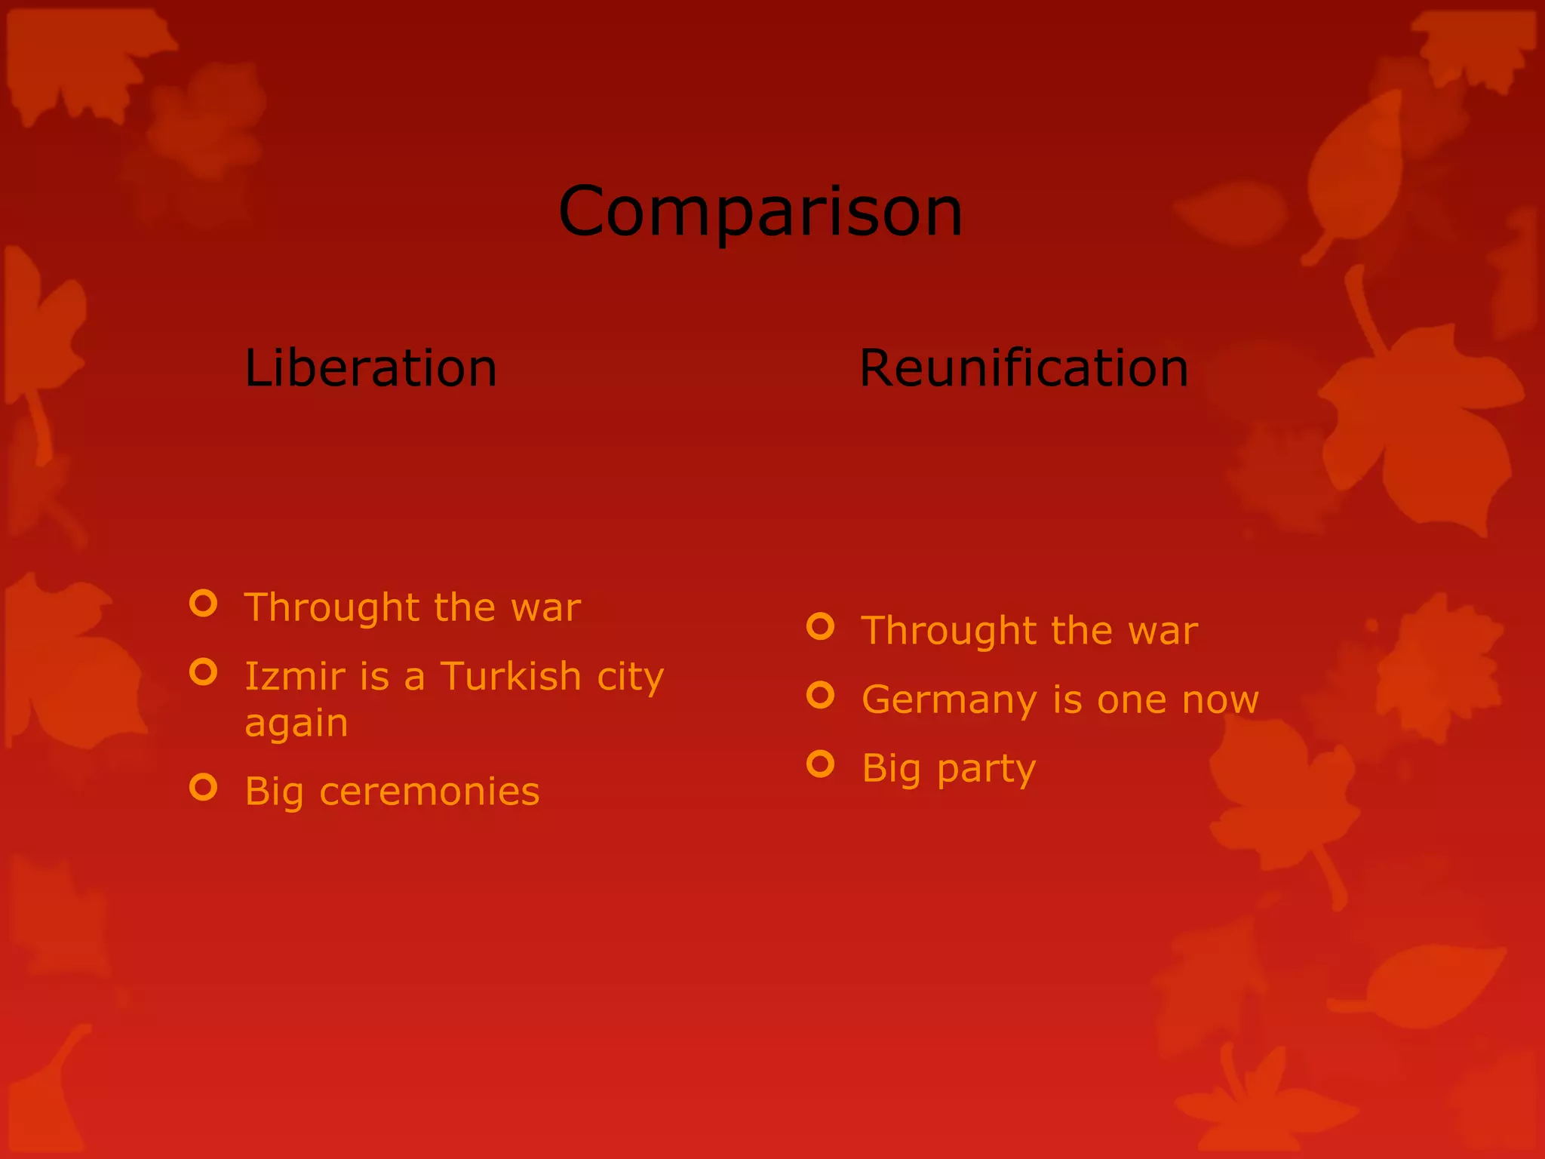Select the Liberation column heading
tap(370, 368)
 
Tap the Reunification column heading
tap(1024, 368)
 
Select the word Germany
tap(949, 699)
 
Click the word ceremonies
tap(429, 792)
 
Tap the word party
tap(986, 770)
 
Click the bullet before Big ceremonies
tap(204, 787)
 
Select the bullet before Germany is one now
tap(821, 695)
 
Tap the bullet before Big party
tap(821, 764)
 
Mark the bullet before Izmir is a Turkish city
tap(204, 672)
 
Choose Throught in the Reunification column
tap(949, 631)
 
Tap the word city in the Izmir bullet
tap(631, 677)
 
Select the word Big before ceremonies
tap(274, 792)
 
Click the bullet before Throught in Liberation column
tap(204, 603)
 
